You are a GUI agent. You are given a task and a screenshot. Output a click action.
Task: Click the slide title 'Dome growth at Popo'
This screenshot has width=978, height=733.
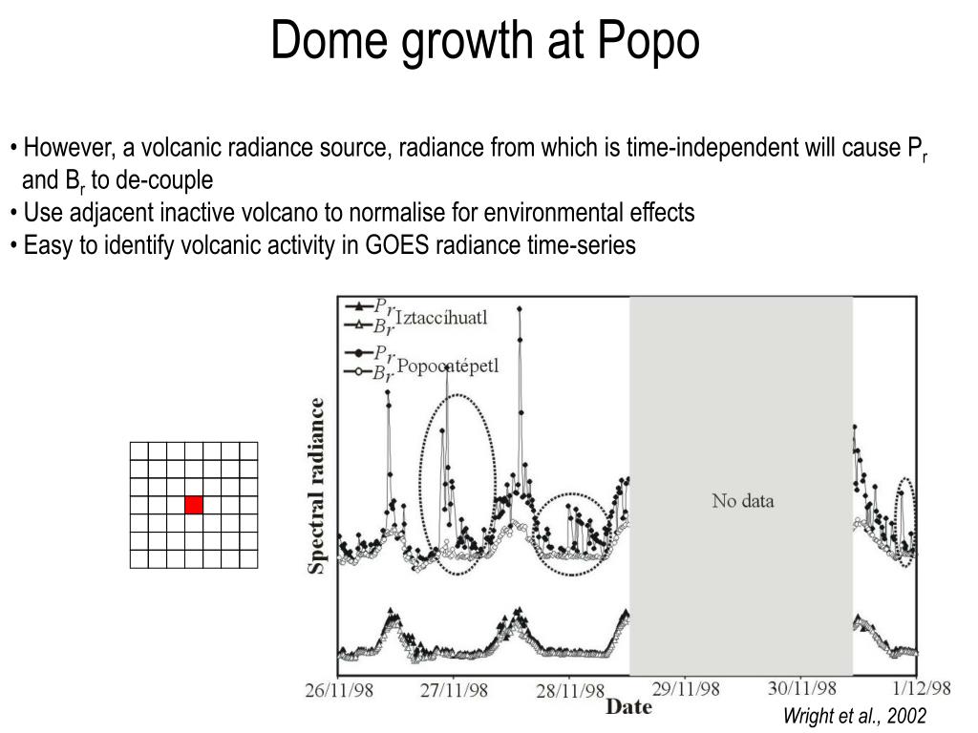tap(485, 42)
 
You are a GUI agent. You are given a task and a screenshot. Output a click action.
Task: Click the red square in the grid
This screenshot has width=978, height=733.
tap(194, 505)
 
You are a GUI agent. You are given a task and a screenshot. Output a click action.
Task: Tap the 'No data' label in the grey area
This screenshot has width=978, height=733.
tap(742, 500)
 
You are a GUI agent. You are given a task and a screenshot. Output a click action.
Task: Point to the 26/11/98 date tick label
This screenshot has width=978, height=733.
tap(339, 690)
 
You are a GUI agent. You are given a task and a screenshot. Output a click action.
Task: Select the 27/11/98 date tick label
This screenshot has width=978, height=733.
tap(455, 690)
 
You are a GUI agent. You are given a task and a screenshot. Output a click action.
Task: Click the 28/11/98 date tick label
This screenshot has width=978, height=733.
tap(570, 690)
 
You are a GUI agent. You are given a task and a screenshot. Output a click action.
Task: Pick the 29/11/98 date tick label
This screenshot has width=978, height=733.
tap(687, 689)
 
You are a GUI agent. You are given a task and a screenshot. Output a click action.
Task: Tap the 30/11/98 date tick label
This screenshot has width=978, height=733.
tap(802, 689)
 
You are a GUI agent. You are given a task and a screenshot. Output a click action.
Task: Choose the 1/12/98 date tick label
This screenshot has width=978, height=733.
tap(922, 688)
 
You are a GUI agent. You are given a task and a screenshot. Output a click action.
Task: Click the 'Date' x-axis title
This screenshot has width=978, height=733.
tap(629, 707)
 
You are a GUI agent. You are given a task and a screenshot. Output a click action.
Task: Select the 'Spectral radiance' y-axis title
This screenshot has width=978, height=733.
tap(316, 486)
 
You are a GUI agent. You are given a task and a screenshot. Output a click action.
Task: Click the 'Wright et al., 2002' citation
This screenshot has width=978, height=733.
tap(855, 716)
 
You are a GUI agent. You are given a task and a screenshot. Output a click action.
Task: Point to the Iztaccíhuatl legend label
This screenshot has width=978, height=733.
tap(441, 318)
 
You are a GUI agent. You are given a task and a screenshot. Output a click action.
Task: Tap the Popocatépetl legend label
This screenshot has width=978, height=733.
tap(447, 366)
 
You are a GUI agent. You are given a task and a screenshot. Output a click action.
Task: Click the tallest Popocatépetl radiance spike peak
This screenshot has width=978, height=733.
tap(519, 307)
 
